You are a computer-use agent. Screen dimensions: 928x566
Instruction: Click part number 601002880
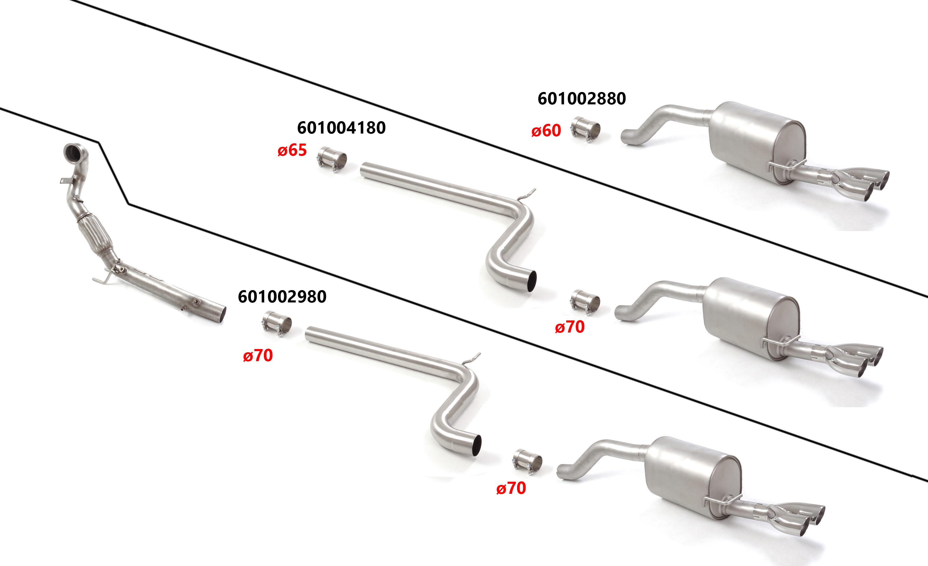click(582, 99)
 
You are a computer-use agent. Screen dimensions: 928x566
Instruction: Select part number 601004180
click(341, 128)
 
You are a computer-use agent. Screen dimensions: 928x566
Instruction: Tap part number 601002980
click(282, 297)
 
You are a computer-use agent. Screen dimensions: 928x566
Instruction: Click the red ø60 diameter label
click(546, 131)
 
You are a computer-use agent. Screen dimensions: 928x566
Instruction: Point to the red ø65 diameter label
click(292, 150)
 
